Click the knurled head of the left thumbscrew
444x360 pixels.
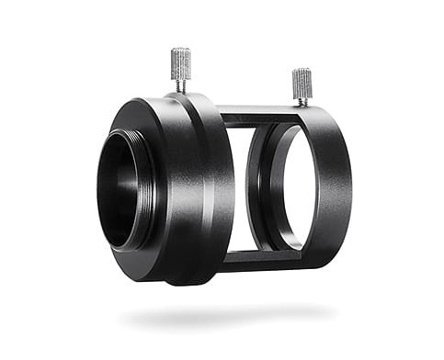(x=181, y=62)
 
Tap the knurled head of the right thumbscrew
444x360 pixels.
(x=302, y=84)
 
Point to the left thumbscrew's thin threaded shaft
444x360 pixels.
(x=181, y=84)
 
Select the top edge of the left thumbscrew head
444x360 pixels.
(x=181, y=49)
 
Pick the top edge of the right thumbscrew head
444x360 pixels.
(x=301, y=70)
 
